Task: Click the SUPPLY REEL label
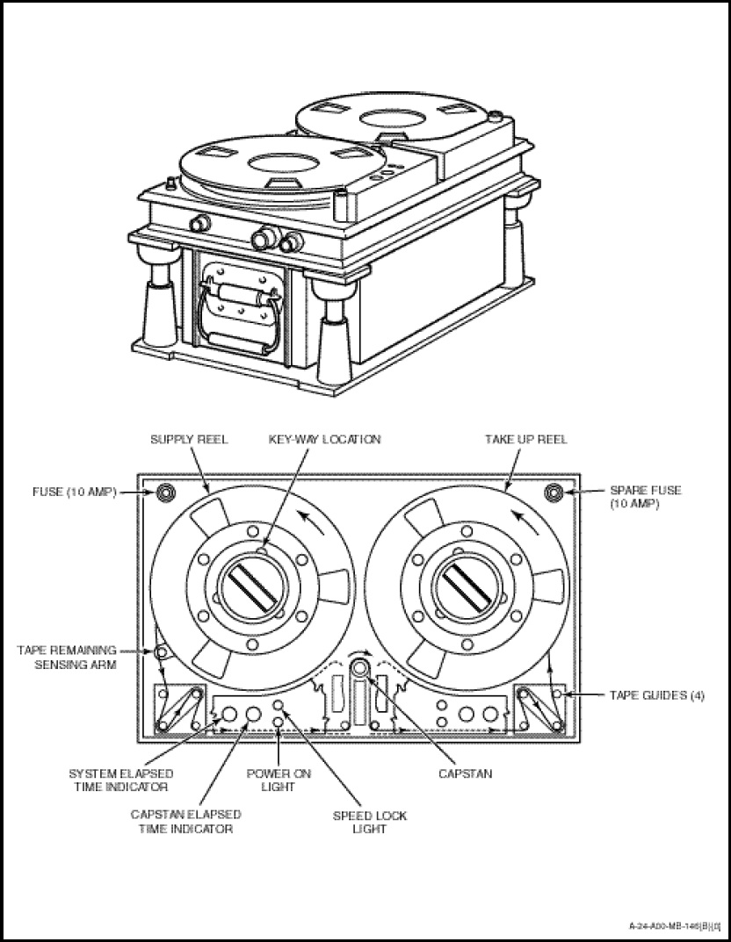(189, 439)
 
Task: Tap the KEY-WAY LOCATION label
(325, 439)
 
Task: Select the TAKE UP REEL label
(526, 439)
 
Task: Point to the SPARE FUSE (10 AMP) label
(646, 499)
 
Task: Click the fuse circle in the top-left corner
(164, 493)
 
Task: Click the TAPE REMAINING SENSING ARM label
(67, 657)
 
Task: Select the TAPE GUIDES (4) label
(657, 694)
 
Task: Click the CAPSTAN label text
(465, 774)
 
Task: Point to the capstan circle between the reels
(360, 667)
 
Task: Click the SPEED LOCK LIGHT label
(369, 822)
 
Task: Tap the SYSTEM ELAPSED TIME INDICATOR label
(120, 780)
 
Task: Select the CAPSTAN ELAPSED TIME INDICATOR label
(185, 822)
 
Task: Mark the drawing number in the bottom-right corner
(674, 925)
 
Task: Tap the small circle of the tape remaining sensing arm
(160, 652)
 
